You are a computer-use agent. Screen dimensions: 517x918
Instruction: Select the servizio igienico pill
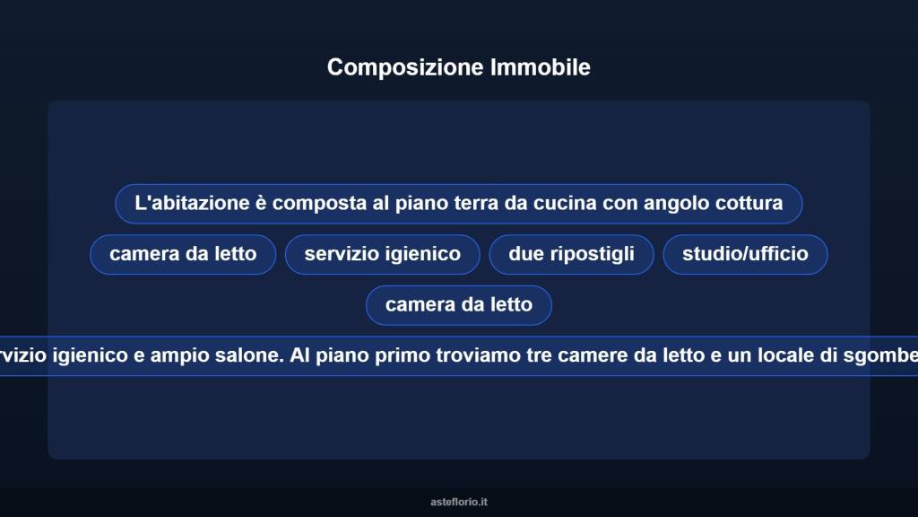point(383,254)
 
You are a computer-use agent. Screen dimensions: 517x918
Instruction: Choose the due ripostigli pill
point(571,254)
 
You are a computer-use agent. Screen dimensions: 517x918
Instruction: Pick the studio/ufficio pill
point(745,254)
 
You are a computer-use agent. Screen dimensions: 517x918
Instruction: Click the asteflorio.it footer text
point(459,502)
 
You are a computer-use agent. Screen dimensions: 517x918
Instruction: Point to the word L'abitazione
point(192,203)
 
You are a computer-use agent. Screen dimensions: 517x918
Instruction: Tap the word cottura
point(749,203)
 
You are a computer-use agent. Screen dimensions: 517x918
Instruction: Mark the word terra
point(470,203)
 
